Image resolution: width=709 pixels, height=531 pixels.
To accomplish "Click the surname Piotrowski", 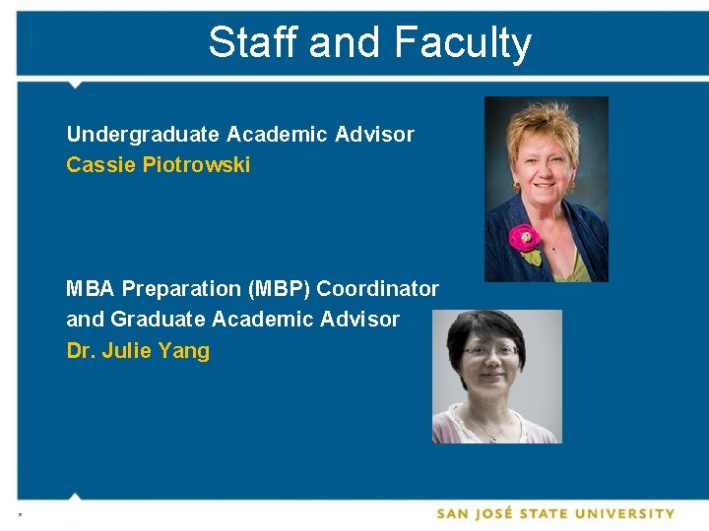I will [x=196, y=164].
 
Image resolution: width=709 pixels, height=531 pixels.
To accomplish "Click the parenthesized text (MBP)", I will [x=281, y=288].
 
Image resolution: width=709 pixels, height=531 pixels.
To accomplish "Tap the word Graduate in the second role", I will [x=156, y=319].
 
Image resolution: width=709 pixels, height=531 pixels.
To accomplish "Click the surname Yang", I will [x=183, y=351].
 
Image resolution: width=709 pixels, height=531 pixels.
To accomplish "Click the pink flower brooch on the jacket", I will [x=523, y=237].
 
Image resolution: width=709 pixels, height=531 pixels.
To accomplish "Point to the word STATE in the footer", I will [x=549, y=513].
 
